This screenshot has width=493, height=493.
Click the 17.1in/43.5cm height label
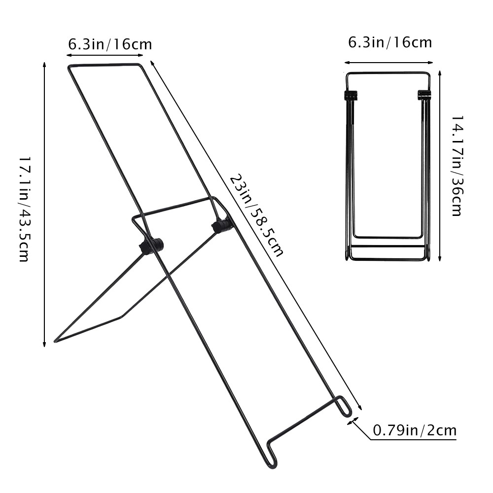tap(24, 209)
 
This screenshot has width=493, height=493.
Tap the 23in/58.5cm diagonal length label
tap(256, 215)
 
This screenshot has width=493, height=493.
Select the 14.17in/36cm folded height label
tap(457, 166)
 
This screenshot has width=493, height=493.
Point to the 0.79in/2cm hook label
tap(414, 430)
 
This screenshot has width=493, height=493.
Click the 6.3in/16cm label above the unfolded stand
tap(110, 44)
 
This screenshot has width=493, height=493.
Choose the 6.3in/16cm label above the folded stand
tap(390, 42)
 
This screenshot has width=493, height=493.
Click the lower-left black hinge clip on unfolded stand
tap(151, 246)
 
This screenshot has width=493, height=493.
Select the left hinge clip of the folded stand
tap(350, 95)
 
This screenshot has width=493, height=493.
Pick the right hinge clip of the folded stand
tap(424, 94)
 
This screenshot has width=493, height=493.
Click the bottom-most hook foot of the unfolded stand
tap(272, 458)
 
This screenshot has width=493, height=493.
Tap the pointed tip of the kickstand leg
tap(56, 341)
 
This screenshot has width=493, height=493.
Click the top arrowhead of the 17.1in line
tap(45, 65)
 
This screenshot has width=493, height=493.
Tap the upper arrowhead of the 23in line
tap(151, 63)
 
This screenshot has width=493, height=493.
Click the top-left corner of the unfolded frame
tap(69, 67)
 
